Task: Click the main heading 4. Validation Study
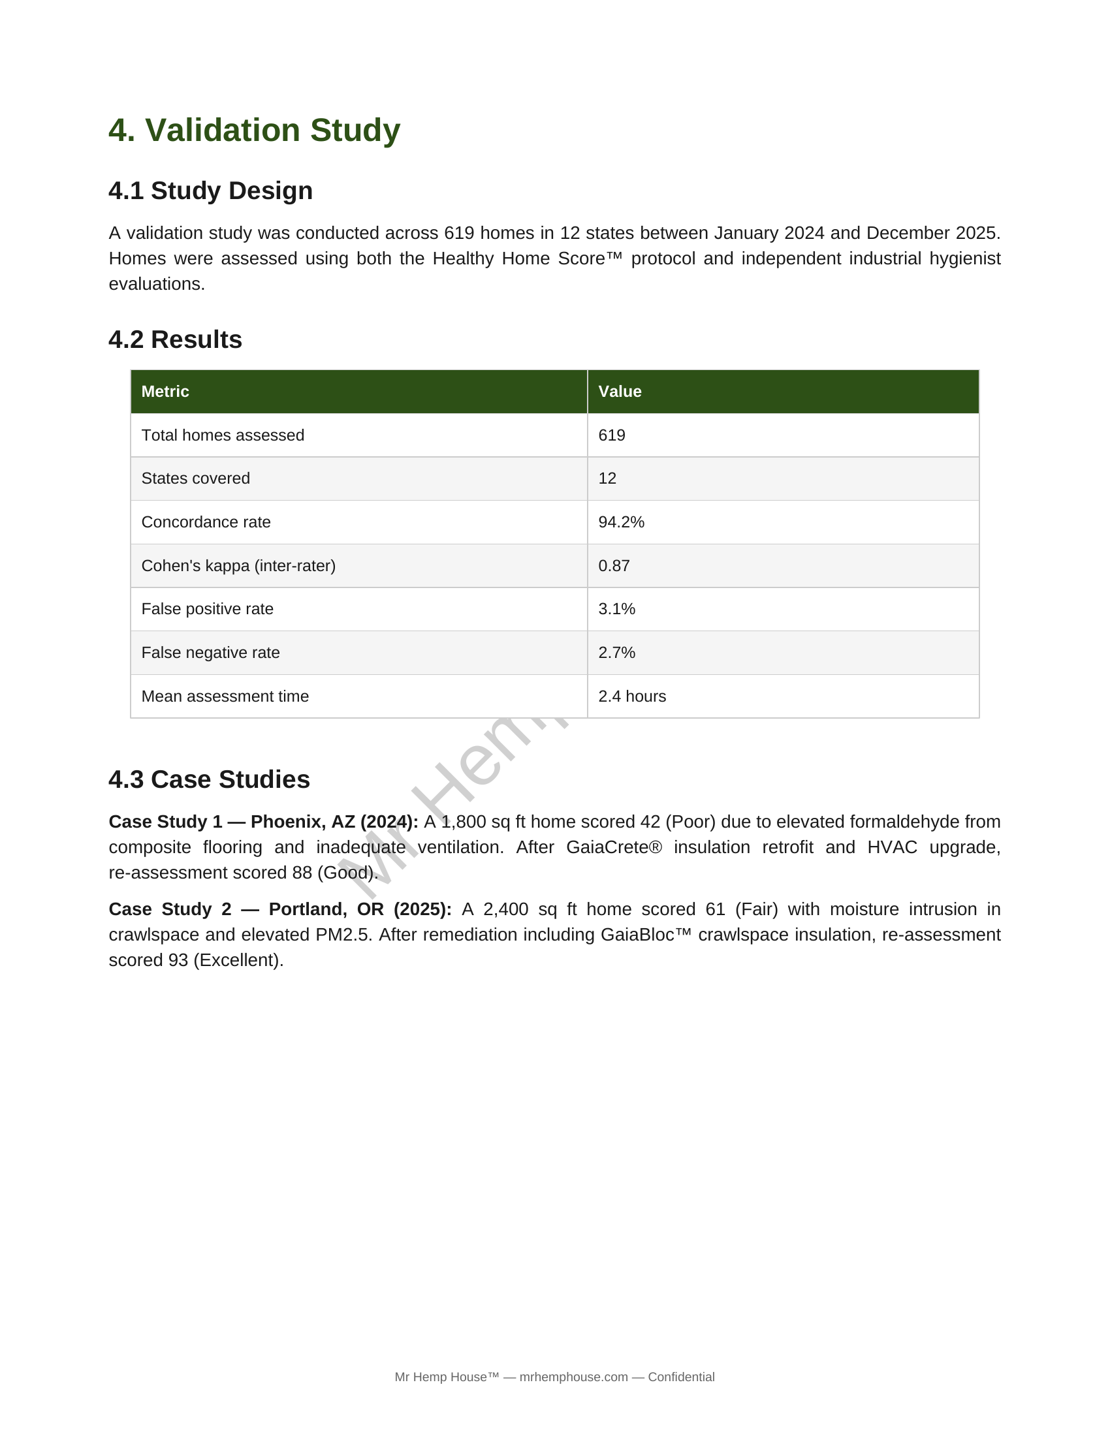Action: click(254, 130)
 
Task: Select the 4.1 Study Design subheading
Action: click(210, 191)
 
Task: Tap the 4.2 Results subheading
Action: click(175, 340)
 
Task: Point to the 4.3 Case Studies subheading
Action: click(209, 779)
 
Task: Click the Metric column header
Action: click(165, 392)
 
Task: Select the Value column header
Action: click(620, 392)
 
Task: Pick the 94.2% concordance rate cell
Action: click(621, 522)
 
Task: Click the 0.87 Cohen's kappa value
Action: click(614, 566)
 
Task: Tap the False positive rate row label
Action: click(207, 609)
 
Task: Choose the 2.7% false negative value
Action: click(616, 653)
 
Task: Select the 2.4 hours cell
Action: click(632, 696)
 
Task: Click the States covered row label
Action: click(195, 478)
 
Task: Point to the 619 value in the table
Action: click(612, 435)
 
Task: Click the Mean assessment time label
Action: click(225, 696)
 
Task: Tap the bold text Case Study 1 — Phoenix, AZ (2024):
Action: click(263, 822)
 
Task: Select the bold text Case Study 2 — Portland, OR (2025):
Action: click(280, 909)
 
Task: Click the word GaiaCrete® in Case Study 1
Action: click(614, 847)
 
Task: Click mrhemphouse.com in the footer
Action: click(573, 1377)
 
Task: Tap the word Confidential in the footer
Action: click(680, 1377)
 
